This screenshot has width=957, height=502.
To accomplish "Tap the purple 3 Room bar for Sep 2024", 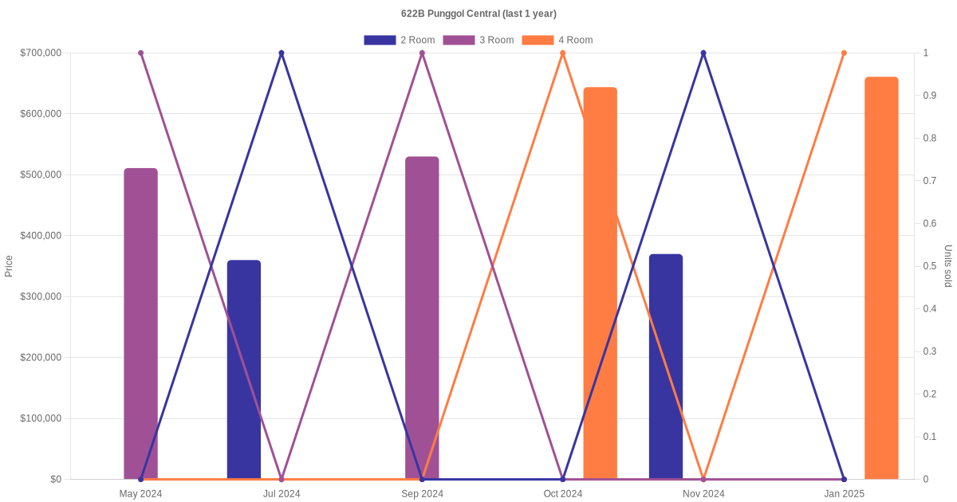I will coord(422,318).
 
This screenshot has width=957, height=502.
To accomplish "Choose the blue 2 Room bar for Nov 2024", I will coord(666,367).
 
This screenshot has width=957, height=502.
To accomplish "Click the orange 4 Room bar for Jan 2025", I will coord(881,278).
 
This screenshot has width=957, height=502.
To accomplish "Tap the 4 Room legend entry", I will coord(557,40).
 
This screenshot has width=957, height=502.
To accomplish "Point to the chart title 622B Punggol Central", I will coord(478,14).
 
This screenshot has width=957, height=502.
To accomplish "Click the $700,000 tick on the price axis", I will coord(41,53).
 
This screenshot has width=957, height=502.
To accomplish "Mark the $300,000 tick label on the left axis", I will coord(41,296).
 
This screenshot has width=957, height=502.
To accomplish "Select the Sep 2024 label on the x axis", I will coord(422,494).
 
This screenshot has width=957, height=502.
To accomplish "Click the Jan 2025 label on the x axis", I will coord(844,494).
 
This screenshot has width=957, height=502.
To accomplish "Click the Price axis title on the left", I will coord(9,266).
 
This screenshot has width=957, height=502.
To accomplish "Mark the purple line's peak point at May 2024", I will coord(140,53).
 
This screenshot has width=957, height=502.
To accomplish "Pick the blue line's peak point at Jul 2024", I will coord(282,53).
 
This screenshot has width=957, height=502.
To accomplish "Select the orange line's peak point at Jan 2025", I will coord(844,53).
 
